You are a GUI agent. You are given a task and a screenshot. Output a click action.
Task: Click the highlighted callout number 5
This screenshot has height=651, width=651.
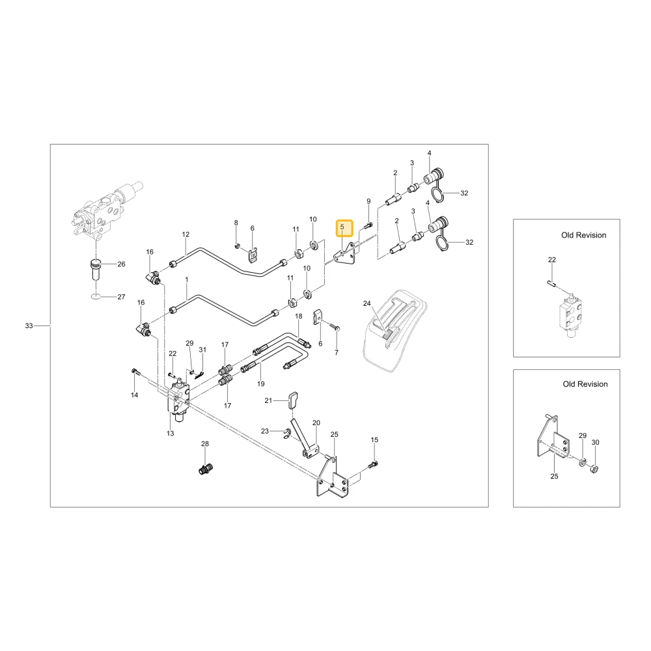(342, 227)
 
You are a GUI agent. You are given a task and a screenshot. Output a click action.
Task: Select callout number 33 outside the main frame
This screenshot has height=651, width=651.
(29, 326)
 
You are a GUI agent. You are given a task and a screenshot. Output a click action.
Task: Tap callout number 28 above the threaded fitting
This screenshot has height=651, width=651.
(205, 444)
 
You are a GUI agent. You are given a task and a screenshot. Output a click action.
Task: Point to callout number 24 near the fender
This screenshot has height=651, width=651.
(367, 303)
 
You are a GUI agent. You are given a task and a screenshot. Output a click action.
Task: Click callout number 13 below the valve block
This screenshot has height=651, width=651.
(170, 434)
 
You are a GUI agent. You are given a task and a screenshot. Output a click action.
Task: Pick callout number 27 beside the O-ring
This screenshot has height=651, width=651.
(121, 297)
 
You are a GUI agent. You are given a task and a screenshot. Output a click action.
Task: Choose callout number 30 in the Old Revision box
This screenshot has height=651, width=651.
(596, 443)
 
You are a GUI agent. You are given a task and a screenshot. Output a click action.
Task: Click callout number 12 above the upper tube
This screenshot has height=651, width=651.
(186, 234)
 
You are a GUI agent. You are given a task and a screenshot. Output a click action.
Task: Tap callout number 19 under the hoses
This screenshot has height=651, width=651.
(261, 384)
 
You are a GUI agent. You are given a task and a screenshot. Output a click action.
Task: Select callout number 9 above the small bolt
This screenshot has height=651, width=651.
(368, 201)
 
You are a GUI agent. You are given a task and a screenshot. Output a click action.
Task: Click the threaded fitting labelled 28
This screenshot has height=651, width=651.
(205, 470)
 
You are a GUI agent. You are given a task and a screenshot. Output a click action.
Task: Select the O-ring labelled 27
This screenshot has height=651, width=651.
(95, 296)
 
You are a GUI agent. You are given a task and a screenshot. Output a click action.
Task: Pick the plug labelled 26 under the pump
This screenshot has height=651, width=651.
(96, 270)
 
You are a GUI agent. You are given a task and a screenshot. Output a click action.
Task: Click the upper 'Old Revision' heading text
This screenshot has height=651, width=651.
(584, 235)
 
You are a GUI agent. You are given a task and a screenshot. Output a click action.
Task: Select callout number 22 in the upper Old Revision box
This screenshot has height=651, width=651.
(552, 260)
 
